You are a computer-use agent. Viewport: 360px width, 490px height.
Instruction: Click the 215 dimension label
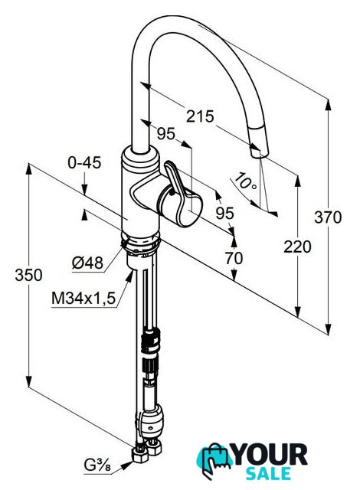pos(200,116)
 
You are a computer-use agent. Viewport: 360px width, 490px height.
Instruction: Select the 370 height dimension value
pos(328,217)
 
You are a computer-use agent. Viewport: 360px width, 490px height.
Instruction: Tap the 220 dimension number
pos(297,247)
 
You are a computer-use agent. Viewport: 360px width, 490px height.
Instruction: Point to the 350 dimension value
pos(28,275)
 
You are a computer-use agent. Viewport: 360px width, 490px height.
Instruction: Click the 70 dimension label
pos(234,258)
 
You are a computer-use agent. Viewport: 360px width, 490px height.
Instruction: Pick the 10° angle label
pos(246,181)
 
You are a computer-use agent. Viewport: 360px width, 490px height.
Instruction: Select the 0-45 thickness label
pos(84,163)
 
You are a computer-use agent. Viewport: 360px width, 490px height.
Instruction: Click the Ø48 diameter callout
pos(87,263)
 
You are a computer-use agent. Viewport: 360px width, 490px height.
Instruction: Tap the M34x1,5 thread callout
pos(83,299)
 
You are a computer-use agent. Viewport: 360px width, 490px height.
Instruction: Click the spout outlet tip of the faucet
pos(259,154)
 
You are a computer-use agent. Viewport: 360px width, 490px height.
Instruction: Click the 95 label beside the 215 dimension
pos(166,134)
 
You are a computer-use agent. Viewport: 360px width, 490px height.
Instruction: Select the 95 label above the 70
pos(224,213)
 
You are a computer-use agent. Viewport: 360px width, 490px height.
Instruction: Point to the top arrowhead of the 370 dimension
pos(328,105)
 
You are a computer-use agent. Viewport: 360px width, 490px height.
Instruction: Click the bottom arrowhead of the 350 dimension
pos(29,381)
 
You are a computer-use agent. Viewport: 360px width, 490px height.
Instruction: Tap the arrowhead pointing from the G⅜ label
pos(126,465)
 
